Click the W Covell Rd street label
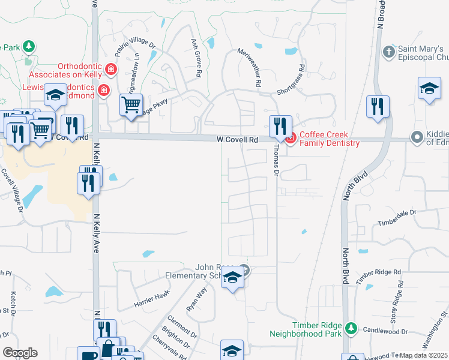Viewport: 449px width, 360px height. coord(237,139)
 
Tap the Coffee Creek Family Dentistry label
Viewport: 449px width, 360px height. coord(330,139)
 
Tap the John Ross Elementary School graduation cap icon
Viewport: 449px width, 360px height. coord(232,278)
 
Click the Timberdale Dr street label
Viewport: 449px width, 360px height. coord(397,217)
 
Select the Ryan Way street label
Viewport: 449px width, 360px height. coord(196,298)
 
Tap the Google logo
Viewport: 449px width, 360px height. coord(20,353)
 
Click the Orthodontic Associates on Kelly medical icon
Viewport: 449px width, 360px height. coord(110,70)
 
